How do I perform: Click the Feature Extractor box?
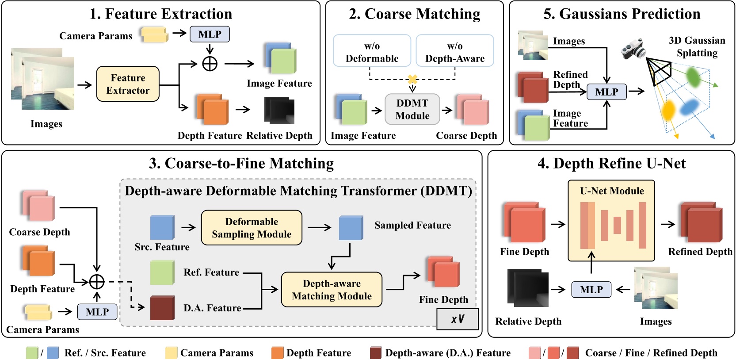point(128,84)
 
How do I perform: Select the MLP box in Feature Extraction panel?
point(210,34)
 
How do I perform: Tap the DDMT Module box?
point(412,109)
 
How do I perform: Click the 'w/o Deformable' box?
point(372,51)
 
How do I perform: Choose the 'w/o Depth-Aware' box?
point(455,51)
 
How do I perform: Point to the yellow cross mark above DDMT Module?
point(412,80)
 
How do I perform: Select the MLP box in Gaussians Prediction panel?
point(606,92)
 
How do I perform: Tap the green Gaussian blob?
point(693,77)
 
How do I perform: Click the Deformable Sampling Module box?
point(252,228)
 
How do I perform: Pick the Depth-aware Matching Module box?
point(332,290)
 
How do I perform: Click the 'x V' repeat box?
point(458,319)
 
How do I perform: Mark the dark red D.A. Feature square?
point(162,308)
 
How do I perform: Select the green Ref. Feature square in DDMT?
point(162,272)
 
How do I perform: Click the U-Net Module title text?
point(612,191)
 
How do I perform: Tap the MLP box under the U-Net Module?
point(591,290)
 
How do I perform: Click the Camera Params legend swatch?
point(171,353)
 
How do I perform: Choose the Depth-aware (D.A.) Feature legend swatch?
point(376,353)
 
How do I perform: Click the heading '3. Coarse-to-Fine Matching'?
point(241,163)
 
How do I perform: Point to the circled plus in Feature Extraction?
point(210,64)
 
